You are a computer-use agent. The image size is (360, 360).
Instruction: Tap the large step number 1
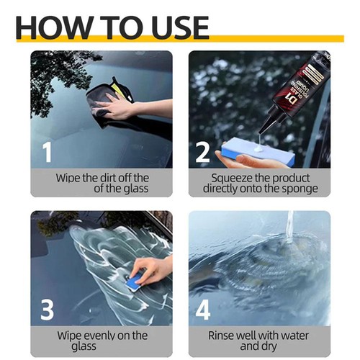click(47, 152)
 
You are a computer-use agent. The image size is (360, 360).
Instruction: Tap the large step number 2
click(204, 152)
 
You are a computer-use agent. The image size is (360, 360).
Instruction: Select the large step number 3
click(47, 310)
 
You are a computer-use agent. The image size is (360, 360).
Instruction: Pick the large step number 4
click(204, 310)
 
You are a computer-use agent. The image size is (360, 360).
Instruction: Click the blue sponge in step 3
click(136, 283)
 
